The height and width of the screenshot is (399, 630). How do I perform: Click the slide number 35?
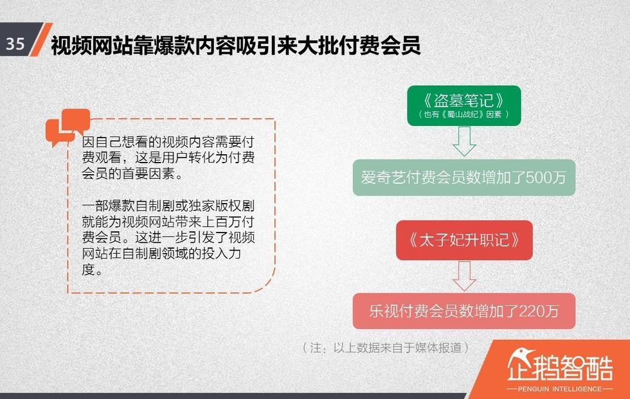(x=15, y=43)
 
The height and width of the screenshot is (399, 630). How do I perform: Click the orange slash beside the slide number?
(x=41, y=39)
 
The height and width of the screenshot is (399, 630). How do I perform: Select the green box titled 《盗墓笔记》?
(x=464, y=105)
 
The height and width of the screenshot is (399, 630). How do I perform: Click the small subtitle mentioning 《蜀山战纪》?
(x=464, y=114)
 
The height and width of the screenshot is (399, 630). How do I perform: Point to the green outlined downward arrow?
(x=464, y=141)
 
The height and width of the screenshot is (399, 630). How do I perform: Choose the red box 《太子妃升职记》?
(x=464, y=240)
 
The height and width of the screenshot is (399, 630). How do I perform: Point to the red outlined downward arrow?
(x=464, y=276)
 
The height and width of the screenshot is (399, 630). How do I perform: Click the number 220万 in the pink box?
(x=539, y=311)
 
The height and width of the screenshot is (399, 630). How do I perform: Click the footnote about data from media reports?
(x=386, y=348)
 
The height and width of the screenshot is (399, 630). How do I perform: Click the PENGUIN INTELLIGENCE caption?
(x=560, y=389)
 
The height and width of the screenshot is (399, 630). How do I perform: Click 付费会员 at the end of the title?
(x=380, y=46)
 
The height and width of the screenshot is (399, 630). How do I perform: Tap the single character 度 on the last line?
(x=89, y=269)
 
